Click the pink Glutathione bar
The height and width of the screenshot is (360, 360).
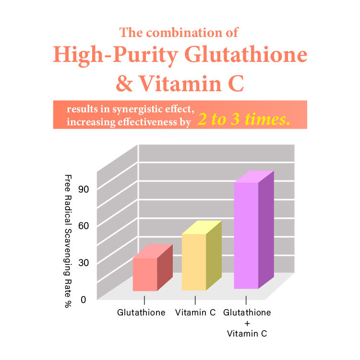(x=145, y=274)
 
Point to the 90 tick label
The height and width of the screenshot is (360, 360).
(x=85, y=189)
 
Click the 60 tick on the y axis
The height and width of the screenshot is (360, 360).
(x=85, y=225)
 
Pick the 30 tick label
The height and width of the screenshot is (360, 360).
(x=85, y=262)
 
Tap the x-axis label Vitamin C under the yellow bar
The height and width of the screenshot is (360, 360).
(x=195, y=312)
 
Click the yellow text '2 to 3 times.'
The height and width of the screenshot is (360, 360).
(x=244, y=120)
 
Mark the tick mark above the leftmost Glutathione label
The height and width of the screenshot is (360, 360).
(x=144, y=300)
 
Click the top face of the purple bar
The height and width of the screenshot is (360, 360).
(x=253, y=177)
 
